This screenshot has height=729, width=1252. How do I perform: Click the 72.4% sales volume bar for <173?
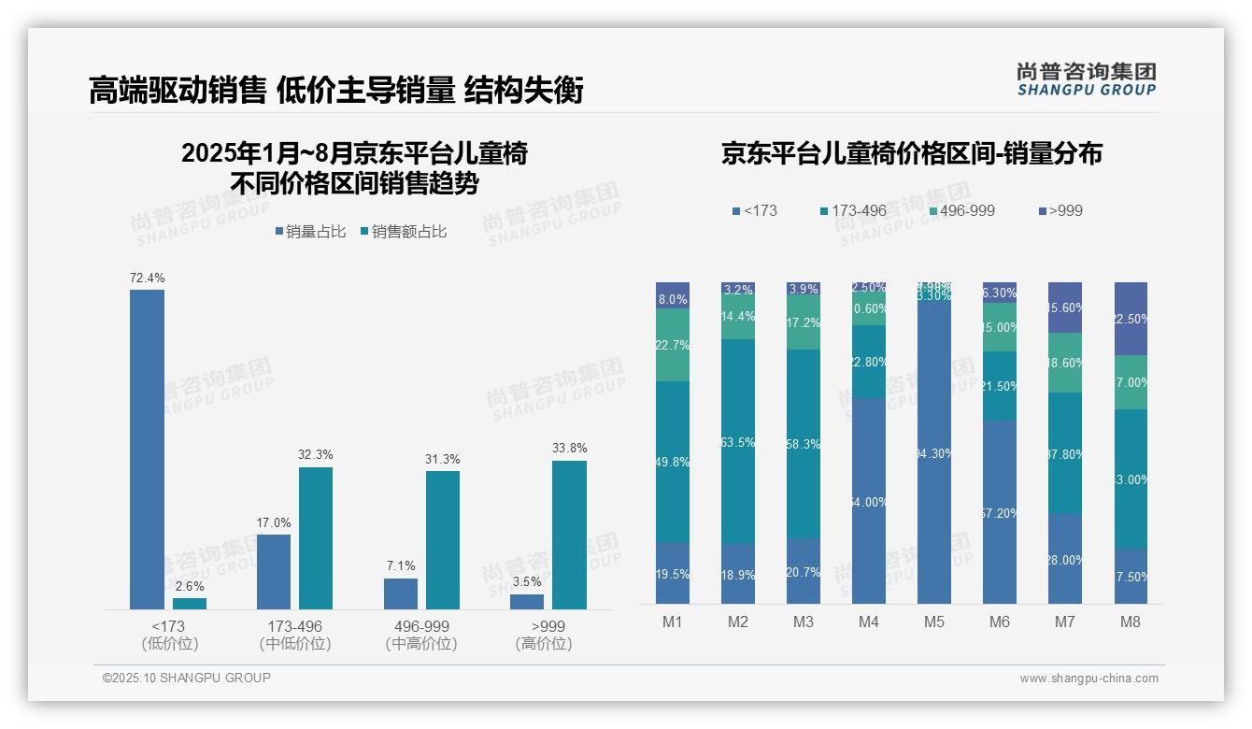pyautogui.click(x=147, y=449)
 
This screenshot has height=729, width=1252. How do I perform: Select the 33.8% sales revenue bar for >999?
pyautogui.click(x=569, y=535)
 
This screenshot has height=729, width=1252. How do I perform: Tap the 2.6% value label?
pyautogui.click(x=190, y=586)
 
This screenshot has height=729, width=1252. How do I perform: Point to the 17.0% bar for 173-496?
pyautogui.click(x=274, y=571)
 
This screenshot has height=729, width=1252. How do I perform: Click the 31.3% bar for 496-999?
pyautogui.click(x=443, y=539)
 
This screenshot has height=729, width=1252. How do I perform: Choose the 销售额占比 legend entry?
pyautogui.click(x=404, y=232)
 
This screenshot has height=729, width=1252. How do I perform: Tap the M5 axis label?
pyautogui.click(x=934, y=622)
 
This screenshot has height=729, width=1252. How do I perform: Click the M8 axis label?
pyautogui.click(x=1131, y=622)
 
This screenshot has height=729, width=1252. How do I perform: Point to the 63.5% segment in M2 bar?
pyautogui.click(x=738, y=441)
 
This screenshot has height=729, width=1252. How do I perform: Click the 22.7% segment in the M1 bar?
pyautogui.click(x=673, y=345)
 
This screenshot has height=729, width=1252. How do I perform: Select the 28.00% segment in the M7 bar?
pyautogui.click(x=1065, y=558)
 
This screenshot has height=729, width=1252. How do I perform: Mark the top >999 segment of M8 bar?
pyautogui.click(x=1131, y=318)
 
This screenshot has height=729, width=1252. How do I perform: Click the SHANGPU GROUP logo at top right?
pyautogui.click(x=1086, y=79)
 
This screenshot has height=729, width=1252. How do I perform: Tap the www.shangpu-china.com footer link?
pyautogui.click(x=1088, y=679)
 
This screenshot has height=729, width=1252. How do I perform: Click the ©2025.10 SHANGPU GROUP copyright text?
pyautogui.click(x=187, y=678)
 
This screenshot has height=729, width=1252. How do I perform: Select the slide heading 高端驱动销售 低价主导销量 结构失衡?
pyautogui.click(x=336, y=90)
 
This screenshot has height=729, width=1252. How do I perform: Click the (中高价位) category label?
pyautogui.click(x=421, y=644)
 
